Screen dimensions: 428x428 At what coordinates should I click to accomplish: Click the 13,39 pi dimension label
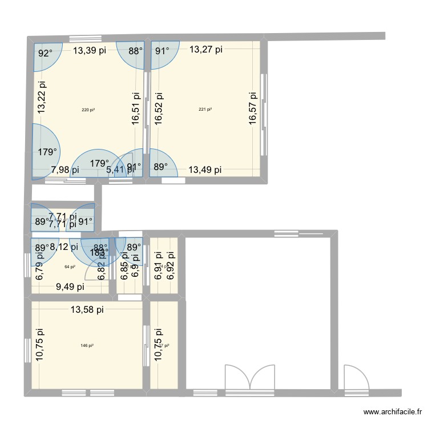[90, 50]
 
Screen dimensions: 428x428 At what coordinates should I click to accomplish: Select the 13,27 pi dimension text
[206, 50]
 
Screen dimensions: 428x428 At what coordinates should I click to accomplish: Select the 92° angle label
[45, 54]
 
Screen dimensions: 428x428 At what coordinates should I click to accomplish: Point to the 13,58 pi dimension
[87, 310]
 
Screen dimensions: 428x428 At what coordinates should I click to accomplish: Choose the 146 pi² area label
[87, 345]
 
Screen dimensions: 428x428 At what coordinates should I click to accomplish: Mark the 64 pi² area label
[70, 267]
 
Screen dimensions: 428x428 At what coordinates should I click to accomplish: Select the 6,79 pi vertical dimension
[39, 267]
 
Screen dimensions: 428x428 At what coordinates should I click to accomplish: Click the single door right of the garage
[356, 378]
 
